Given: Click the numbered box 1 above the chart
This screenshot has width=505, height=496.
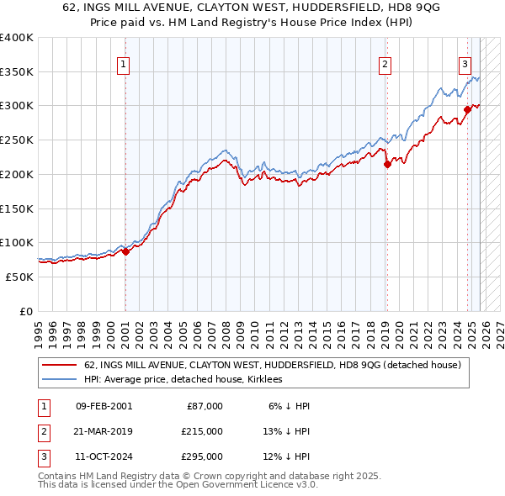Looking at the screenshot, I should (x=124, y=64).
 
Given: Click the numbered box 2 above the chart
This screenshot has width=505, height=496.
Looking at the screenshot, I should (x=385, y=64).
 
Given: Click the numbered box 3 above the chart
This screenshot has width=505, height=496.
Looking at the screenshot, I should (x=465, y=64).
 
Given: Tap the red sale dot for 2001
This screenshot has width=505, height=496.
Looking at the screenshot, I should (x=125, y=251).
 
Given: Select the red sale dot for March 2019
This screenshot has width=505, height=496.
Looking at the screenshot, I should (x=387, y=165).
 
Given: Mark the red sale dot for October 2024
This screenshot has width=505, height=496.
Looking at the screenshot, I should (x=468, y=108).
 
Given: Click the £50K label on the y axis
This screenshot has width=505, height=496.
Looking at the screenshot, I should (x=19, y=277).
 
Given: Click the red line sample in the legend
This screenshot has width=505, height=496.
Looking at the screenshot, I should (x=59, y=366).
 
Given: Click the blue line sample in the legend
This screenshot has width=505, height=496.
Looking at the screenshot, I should (x=59, y=380).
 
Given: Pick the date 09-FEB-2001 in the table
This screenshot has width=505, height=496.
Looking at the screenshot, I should (x=104, y=406).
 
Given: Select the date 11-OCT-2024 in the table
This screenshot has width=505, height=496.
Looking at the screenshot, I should (x=104, y=456).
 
